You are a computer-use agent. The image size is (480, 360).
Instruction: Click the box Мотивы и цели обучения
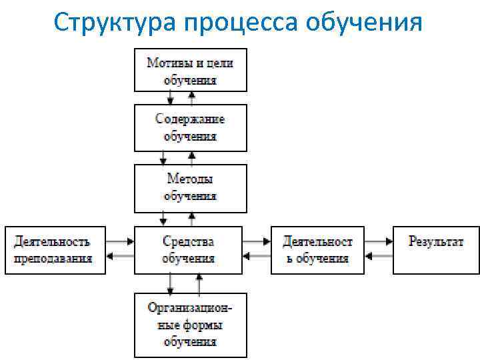pos(190,70)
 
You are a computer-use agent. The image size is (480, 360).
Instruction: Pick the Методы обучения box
pos(190,188)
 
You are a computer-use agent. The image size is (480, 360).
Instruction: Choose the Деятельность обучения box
pos(318,250)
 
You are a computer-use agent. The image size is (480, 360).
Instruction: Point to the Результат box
pos(436,250)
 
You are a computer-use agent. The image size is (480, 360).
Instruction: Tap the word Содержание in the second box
pos(190,119)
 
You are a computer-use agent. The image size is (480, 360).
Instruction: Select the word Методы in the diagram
pos(190,179)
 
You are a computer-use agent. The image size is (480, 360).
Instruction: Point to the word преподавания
pos(53,259)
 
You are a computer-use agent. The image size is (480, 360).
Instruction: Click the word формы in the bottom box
pos(203,325)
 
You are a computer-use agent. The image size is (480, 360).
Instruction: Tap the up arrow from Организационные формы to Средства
pos(199,283)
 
